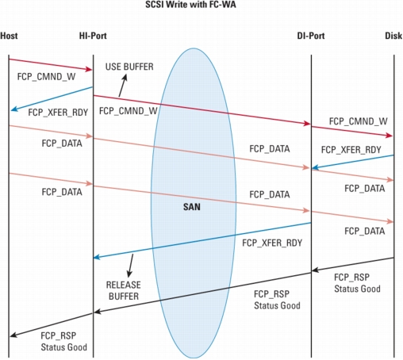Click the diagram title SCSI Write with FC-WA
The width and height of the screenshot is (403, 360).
click(x=190, y=5)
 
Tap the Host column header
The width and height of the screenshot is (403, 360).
click(x=9, y=36)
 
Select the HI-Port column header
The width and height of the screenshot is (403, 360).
click(x=93, y=36)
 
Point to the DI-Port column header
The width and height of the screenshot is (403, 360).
click(x=311, y=36)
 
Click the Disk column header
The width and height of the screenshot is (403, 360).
click(x=393, y=36)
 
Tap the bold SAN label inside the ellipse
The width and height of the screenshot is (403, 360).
click(x=192, y=207)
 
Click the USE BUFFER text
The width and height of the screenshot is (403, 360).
click(x=129, y=67)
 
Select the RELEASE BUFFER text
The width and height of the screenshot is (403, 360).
click(x=124, y=290)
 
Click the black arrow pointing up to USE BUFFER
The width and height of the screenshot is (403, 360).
click(x=123, y=86)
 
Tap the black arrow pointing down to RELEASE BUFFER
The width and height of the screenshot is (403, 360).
click(x=130, y=266)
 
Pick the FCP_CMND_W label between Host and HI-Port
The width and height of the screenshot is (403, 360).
click(x=46, y=77)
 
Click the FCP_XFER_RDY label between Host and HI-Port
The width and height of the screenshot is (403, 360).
click(x=58, y=113)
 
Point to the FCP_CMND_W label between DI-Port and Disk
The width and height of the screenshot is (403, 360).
click(x=359, y=121)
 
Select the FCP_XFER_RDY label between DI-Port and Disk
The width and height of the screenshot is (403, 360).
click(x=351, y=150)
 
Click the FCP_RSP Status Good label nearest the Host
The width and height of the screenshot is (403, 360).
click(x=63, y=341)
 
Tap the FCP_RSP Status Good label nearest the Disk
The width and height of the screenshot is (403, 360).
click(x=357, y=283)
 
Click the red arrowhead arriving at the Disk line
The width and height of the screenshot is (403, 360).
click(x=390, y=136)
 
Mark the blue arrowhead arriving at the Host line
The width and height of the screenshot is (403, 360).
click(x=14, y=109)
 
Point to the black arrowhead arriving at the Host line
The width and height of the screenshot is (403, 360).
click(x=13, y=335)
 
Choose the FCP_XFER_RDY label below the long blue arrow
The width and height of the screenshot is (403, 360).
click(x=272, y=243)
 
